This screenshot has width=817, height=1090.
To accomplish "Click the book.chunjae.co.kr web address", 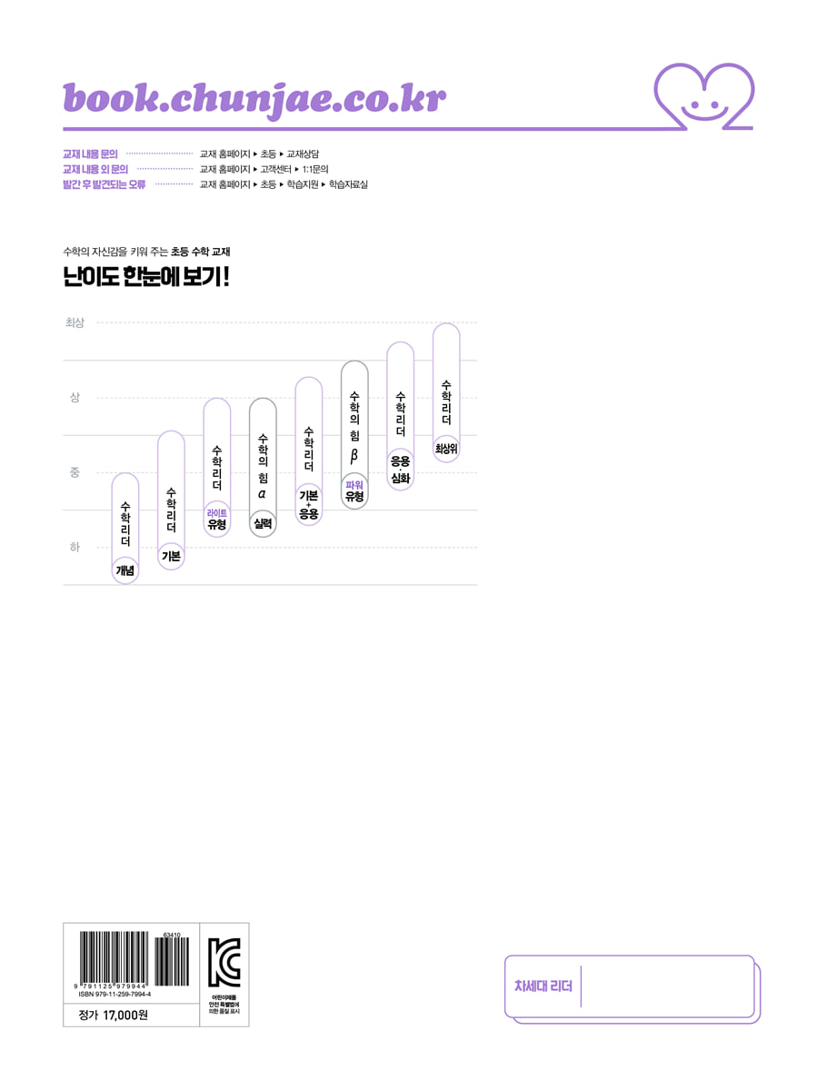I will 254,98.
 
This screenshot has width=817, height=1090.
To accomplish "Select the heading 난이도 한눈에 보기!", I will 146,278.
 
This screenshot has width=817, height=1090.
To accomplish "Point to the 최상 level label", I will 75,322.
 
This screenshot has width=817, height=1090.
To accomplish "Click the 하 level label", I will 75,547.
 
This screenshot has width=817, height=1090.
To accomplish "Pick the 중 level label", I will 75,472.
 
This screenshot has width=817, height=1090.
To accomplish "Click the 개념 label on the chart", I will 125,570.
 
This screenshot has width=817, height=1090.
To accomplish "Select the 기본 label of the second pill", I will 171,556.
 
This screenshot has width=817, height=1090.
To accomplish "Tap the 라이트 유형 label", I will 216,520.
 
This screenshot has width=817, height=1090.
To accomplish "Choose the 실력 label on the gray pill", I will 263,523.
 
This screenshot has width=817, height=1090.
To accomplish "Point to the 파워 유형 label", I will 354,491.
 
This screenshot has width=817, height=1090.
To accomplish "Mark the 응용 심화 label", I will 401,470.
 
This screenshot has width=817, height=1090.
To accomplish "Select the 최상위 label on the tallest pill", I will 446,448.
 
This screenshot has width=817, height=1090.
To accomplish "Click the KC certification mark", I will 224,961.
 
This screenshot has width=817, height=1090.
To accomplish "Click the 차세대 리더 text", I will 543,986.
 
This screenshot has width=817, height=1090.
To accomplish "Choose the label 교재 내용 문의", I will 90,154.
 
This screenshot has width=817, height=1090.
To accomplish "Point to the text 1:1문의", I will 314,169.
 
